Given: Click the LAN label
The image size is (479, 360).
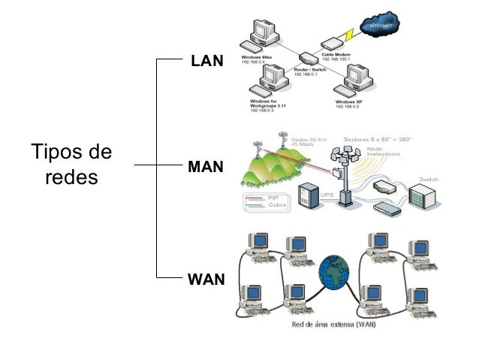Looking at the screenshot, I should point(207,61).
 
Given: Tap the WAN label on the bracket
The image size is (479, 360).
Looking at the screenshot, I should point(206,280).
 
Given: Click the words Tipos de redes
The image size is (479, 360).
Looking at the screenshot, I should point(71,165).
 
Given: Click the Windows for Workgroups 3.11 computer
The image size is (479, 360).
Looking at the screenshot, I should point(271,80).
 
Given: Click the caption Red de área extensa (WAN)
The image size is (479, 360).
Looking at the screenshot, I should point(333,325).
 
